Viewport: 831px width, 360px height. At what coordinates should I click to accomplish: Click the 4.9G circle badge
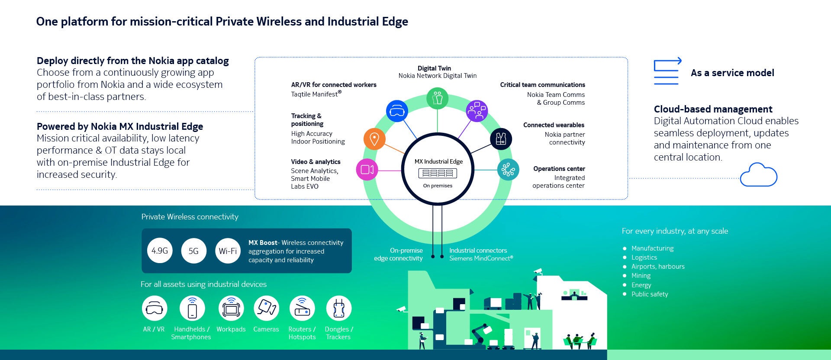click(x=160, y=251)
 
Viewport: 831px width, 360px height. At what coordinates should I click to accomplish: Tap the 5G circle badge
click(x=193, y=251)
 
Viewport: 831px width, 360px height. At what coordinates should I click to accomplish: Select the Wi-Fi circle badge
click(x=228, y=251)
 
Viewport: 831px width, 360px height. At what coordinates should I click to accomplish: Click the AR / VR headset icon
click(x=155, y=309)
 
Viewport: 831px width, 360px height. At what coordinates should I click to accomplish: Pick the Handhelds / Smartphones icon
click(x=192, y=309)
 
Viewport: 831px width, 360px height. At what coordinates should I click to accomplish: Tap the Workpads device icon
click(x=231, y=309)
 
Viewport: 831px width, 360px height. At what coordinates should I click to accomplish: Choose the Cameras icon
click(x=266, y=309)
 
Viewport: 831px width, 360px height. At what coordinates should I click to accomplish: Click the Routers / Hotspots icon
click(x=302, y=309)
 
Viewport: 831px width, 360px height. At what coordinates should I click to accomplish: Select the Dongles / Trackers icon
click(x=338, y=309)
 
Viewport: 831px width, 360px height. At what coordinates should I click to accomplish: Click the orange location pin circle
click(x=374, y=139)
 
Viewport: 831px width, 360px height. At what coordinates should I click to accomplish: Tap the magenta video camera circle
click(x=367, y=169)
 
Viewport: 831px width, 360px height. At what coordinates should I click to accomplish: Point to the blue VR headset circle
click(x=397, y=111)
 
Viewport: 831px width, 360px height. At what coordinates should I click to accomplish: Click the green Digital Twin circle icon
click(x=437, y=98)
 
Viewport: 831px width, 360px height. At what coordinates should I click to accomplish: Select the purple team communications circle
click(x=477, y=111)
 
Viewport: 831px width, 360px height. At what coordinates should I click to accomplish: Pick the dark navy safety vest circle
click(x=501, y=139)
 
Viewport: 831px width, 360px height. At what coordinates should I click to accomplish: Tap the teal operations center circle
click(x=508, y=170)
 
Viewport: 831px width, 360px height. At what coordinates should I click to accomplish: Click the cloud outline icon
click(x=759, y=175)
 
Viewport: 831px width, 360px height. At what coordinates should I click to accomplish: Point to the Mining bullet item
click(x=641, y=276)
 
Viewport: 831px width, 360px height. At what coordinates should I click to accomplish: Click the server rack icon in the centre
click(x=438, y=174)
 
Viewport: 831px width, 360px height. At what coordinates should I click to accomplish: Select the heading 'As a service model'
click(x=732, y=73)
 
